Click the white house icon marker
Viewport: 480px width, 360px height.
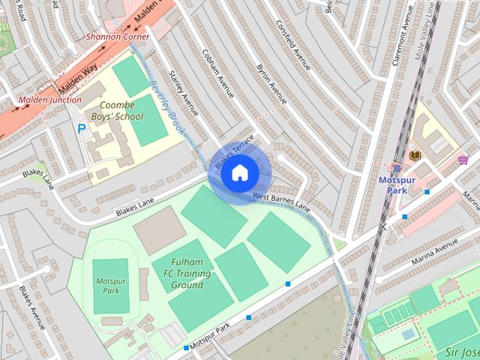tap(238, 173)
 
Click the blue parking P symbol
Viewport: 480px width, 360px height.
tap(81, 128)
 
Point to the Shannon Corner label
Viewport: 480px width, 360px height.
tap(118, 36)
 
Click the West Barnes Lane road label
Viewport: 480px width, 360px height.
tap(280, 200)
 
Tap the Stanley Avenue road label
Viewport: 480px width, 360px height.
tap(184, 94)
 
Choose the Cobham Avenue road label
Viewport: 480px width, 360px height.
tap(218, 75)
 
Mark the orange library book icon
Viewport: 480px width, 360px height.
tap(415, 154)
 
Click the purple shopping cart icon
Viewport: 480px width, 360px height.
tap(463, 159)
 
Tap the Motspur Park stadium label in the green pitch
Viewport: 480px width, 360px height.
tap(111, 286)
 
